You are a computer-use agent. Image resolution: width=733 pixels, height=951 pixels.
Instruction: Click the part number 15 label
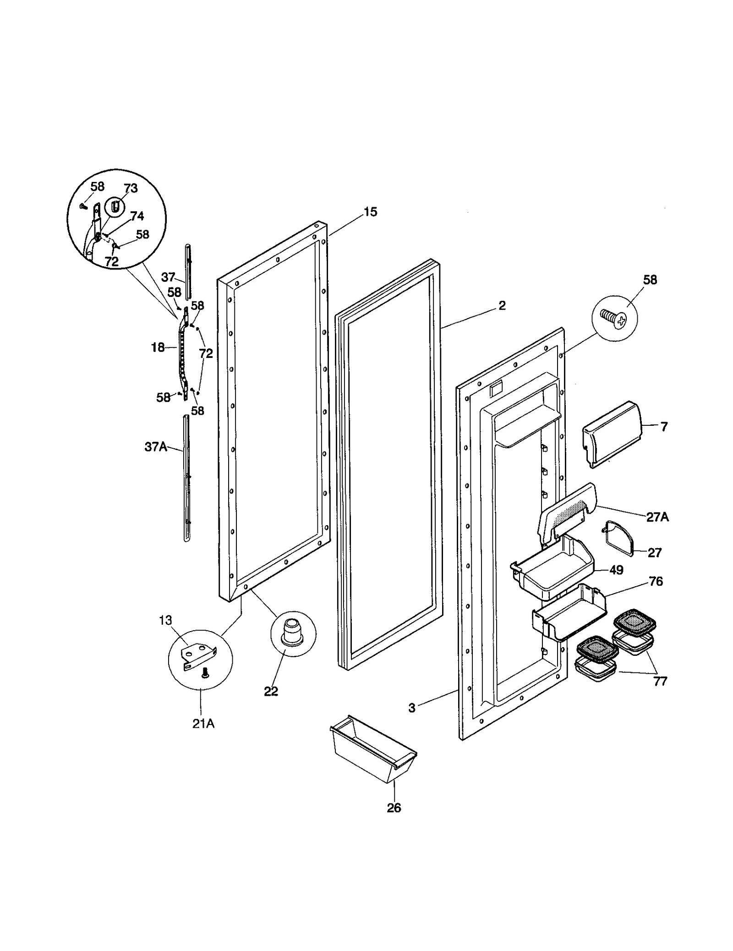point(370,212)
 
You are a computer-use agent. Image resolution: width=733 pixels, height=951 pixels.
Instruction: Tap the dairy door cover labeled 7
point(611,434)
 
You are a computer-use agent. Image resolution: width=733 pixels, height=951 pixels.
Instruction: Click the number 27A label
point(657,517)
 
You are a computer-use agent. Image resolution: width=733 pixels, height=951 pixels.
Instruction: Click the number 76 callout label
point(656,582)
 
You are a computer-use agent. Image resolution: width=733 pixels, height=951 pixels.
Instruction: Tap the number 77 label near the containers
point(660,682)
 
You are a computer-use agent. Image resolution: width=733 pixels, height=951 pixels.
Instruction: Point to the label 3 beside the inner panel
point(412,708)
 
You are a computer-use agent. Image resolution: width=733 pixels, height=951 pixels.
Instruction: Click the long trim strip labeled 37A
point(186,477)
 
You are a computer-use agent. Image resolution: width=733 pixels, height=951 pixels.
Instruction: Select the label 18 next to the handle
point(158,348)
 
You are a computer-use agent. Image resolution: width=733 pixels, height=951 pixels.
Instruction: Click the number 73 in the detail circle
point(131,188)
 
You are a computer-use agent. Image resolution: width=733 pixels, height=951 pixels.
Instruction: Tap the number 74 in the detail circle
point(137,216)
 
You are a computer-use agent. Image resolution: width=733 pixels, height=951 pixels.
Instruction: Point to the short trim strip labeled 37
point(187,270)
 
